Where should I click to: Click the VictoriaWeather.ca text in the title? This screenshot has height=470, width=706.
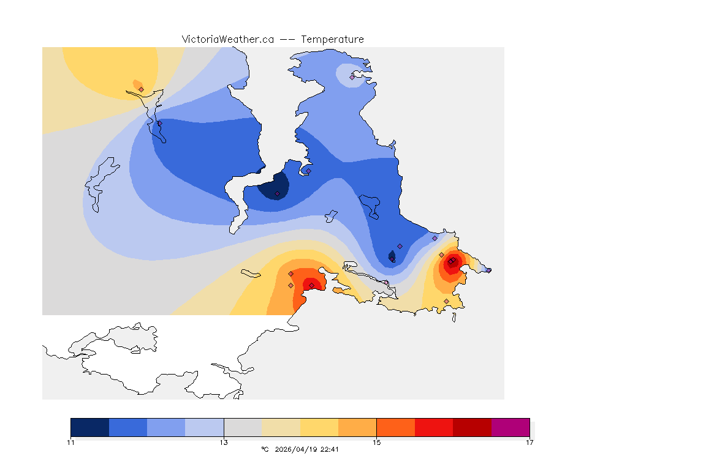[x=227, y=39]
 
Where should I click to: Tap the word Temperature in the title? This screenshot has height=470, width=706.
[x=333, y=39]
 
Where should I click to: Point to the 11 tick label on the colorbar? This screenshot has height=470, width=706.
[x=71, y=442]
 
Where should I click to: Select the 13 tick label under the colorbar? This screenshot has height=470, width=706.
[x=224, y=442]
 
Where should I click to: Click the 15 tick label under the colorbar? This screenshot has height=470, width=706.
[x=377, y=442]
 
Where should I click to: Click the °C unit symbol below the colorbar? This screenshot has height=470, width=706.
[x=265, y=449]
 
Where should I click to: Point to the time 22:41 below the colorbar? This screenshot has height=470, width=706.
[x=330, y=449]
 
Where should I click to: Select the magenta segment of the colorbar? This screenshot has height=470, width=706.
[x=511, y=427]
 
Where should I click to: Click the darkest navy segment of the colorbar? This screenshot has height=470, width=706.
[x=90, y=427]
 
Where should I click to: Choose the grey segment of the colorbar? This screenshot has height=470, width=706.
[x=243, y=427]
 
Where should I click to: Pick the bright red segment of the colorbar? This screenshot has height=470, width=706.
[x=434, y=427]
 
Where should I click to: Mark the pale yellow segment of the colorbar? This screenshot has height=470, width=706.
[x=281, y=427]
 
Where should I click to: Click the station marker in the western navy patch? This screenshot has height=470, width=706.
[x=278, y=194]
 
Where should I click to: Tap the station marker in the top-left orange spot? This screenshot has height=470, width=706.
[x=141, y=89]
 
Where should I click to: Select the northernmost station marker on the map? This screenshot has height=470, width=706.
[x=352, y=77]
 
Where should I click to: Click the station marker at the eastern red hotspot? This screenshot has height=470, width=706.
[x=451, y=262]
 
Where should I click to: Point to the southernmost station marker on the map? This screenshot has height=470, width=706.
[x=446, y=301]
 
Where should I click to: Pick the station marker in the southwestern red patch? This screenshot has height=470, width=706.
[x=311, y=285]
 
